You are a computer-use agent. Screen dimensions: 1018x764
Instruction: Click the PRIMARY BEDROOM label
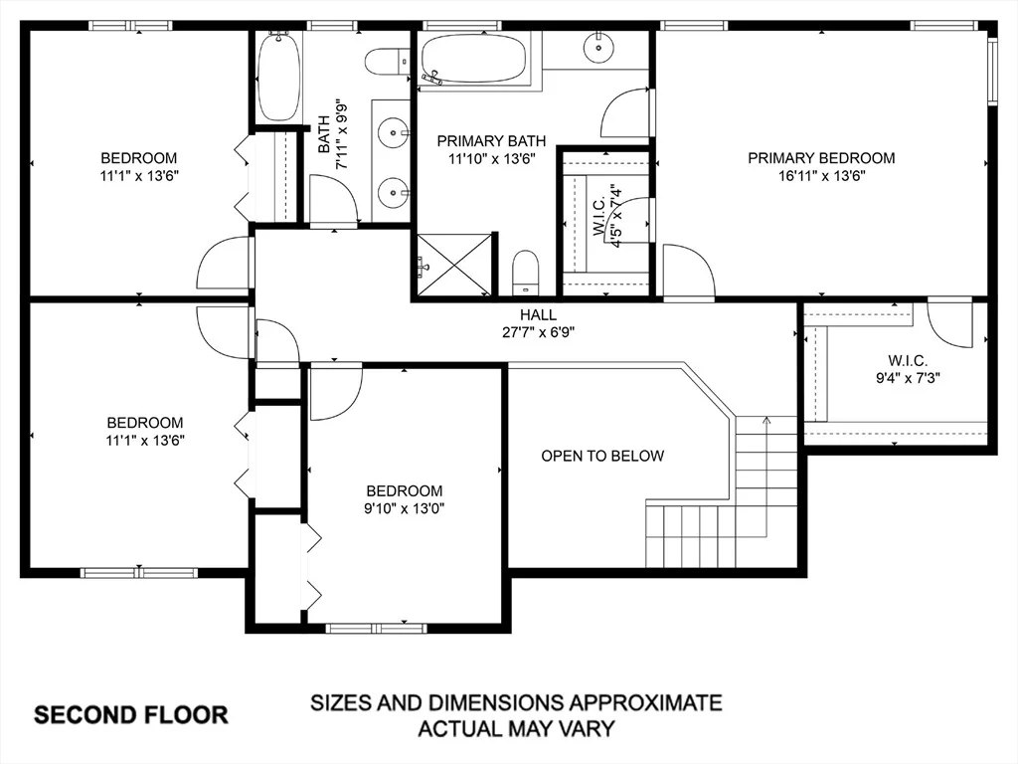click(x=821, y=158)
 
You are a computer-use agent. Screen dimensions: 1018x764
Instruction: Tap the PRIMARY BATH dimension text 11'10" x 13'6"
click(x=491, y=158)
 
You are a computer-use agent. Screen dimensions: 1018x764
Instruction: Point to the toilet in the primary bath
click(x=526, y=273)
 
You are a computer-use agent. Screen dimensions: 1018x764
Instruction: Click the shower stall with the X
click(x=454, y=265)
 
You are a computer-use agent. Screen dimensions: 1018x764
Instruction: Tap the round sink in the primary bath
click(x=597, y=47)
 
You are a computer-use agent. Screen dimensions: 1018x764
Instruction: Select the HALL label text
click(x=538, y=315)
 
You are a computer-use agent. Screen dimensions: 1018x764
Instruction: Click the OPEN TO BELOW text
click(x=602, y=456)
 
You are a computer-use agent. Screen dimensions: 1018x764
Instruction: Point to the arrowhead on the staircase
click(x=766, y=421)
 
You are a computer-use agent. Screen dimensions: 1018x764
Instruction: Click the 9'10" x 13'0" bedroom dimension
click(x=404, y=508)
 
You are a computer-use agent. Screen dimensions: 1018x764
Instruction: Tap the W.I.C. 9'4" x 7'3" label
click(x=908, y=369)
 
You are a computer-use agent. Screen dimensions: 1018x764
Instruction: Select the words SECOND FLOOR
click(x=131, y=715)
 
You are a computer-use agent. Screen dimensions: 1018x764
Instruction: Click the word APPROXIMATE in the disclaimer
click(x=646, y=703)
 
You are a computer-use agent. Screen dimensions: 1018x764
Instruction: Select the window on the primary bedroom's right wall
click(x=992, y=72)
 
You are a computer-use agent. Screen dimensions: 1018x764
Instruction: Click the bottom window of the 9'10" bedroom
click(x=376, y=629)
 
